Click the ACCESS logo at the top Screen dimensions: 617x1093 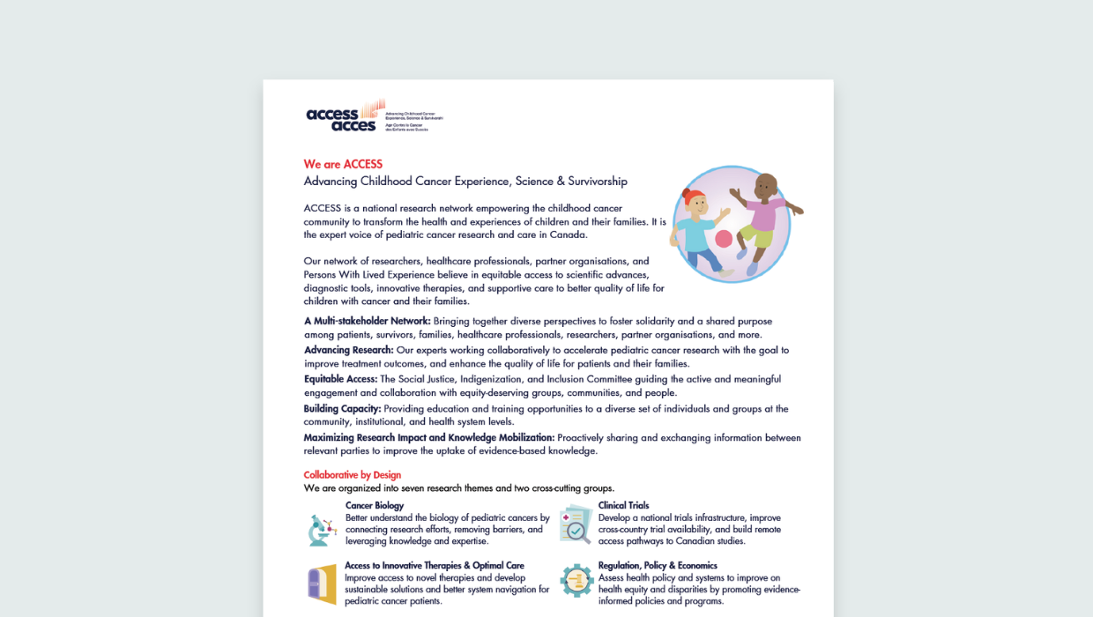pyautogui.click(x=346, y=116)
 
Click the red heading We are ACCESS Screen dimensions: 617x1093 pyautogui.click(x=343, y=164)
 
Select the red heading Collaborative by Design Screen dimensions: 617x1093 pyautogui.click(x=353, y=475)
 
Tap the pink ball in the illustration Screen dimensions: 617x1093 pyautogui.click(x=724, y=238)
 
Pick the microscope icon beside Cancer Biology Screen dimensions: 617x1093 pyautogui.click(x=322, y=529)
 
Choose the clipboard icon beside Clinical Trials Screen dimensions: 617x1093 pyautogui.click(x=576, y=524)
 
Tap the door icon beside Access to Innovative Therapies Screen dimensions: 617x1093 pyautogui.click(x=322, y=584)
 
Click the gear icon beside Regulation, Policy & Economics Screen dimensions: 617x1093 pyautogui.click(x=576, y=581)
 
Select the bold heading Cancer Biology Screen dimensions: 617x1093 pyautogui.click(x=375, y=506)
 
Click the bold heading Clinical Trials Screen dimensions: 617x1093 pyautogui.click(x=623, y=506)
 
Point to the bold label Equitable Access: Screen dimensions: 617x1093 pyautogui.click(x=340, y=379)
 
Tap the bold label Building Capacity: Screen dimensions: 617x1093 pyautogui.click(x=342, y=409)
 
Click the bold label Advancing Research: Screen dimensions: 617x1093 pyautogui.click(x=348, y=350)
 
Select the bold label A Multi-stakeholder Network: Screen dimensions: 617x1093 pyautogui.click(x=367, y=321)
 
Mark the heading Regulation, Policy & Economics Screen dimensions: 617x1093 pyautogui.click(x=658, y=566)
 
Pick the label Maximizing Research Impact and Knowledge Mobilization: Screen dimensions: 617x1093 pyautogui.click(x=428, y=438)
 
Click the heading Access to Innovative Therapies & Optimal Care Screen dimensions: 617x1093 pyautogui.click(x=435, y=566)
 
